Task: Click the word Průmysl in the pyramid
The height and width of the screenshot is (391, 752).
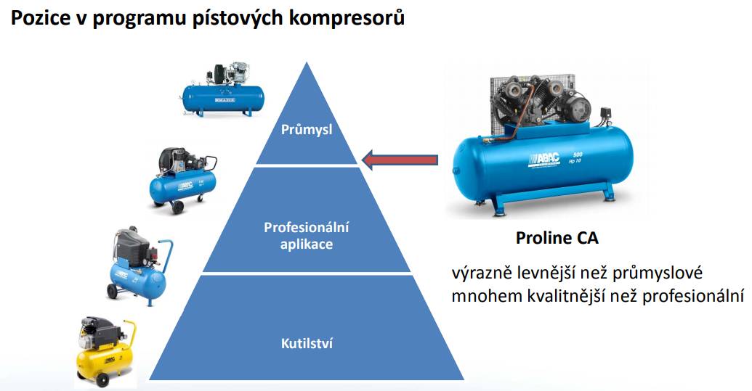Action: (307, 130)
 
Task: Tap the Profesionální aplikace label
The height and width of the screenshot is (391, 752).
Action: (307, 236)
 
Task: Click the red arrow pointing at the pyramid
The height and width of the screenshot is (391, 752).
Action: (400, 159)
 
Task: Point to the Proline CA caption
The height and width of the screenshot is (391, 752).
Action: (557, 238)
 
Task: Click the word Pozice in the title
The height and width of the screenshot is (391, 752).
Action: (36, 18)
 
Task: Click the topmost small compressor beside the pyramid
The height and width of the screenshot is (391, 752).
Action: (222, 90)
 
